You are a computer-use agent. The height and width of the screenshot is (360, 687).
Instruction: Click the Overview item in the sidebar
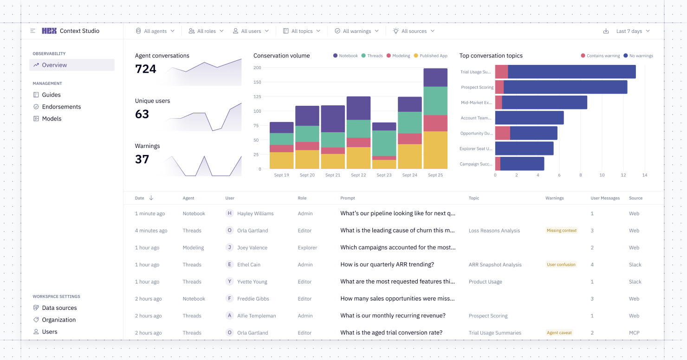[54, 65]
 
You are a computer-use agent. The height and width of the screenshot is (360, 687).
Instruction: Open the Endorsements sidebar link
[61, 107]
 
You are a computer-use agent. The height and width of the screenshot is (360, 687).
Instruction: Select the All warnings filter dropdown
[356, 31]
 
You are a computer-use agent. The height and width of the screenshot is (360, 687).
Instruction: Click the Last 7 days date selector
[633, 31]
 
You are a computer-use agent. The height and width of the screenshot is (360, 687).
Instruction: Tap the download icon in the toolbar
[606, 31]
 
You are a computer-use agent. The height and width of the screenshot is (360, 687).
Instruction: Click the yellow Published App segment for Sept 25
[435, 150]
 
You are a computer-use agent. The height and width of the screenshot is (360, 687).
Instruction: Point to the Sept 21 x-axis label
[333, 175]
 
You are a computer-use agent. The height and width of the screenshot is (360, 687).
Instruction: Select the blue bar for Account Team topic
[529, 118]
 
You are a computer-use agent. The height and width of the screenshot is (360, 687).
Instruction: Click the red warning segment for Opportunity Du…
[502, 133]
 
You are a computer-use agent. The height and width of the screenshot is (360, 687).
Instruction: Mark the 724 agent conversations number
[146, 69]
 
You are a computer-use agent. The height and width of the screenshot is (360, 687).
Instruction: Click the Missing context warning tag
[562, 231]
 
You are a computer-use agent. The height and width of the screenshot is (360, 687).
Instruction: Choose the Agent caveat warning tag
[559, 333]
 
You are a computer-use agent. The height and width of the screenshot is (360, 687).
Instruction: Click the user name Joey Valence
[252, 248]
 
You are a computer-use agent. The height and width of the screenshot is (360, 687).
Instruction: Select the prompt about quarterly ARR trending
[387, 264]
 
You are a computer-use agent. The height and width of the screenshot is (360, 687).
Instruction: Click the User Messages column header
[605, 198]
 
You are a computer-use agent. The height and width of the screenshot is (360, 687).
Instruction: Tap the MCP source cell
[634, 333]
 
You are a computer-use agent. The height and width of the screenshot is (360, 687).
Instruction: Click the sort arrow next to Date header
[151, 198]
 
